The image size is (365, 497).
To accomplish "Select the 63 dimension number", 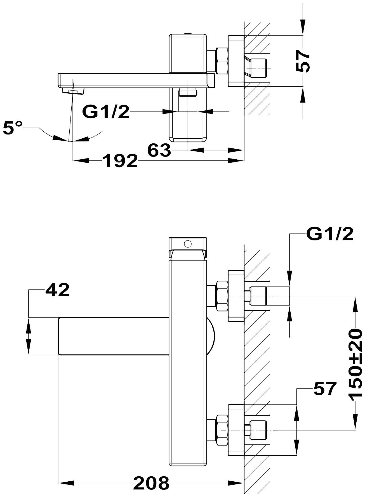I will coord(159,150).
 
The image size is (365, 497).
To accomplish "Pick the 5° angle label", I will coord(12,129).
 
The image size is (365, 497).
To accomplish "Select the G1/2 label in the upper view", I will coord(106,112).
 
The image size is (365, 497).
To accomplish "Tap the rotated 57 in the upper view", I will coord(303,61).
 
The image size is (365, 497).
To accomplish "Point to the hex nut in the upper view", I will coord(222,61).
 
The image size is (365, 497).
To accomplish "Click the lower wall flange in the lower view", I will coord(236,430).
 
